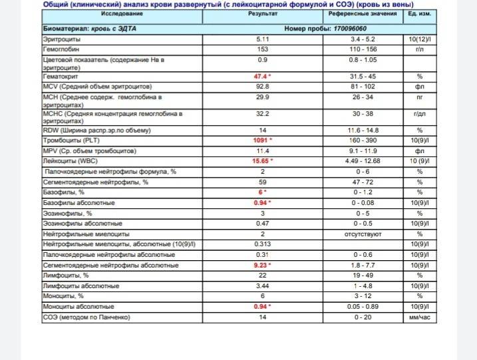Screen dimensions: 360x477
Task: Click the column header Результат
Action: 263,14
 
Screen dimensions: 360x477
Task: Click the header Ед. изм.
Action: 419,14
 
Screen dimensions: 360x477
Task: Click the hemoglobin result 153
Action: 263,49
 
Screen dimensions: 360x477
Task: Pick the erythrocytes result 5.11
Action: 263,40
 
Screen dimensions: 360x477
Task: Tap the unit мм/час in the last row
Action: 420,317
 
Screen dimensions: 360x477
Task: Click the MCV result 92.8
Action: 263,87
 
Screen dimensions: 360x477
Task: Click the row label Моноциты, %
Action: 63,295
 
